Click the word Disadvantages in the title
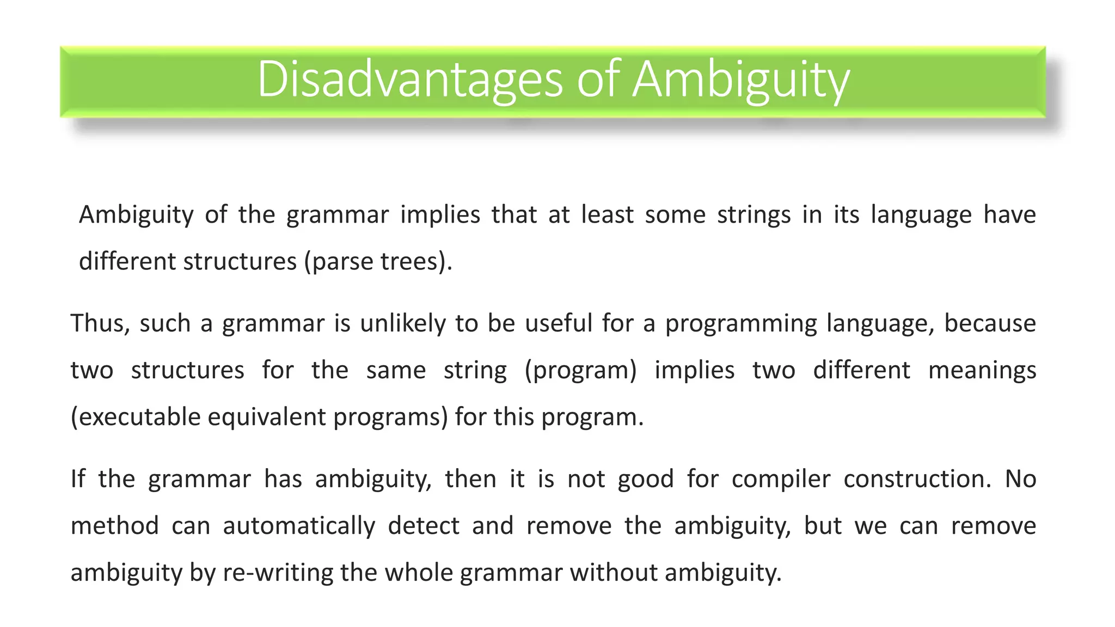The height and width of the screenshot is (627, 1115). pyautogui.click(x=409, y=79)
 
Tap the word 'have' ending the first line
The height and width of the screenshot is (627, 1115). pyautogui.click(x=1009, y=214)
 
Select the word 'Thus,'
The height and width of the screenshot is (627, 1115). pyautogui.click(x=100, y=323)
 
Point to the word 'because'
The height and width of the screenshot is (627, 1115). pyautogui.click(x=989, y=323)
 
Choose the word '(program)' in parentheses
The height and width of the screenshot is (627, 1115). pyautogui.click(x=580, y=371)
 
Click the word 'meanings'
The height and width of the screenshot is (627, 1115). pyautogui.click(x=982, y=371)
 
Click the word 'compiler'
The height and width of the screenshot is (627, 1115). pyautogui.click(x=781, y=480)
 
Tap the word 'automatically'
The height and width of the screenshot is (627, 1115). pyautogui.click(x=299, y=526)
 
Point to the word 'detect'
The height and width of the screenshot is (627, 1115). pyautogui.click(x=424, y=526)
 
